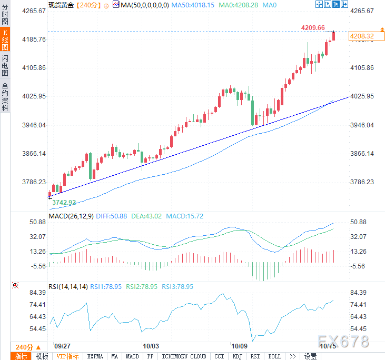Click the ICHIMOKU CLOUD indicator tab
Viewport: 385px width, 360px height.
(184, 356)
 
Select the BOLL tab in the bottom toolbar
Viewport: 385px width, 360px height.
(274, 356)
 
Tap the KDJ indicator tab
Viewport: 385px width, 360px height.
(237, 356)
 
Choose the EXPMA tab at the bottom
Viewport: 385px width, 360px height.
(96, 356)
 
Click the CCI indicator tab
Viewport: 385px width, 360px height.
(219, 356)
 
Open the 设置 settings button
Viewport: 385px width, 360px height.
(311, 356)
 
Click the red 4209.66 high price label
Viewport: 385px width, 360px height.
(313, 28)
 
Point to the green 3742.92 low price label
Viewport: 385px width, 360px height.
(64, 202)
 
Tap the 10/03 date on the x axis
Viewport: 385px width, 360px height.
(151, 346)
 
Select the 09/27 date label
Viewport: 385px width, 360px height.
(63, 346)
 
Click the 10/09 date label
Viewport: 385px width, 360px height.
(240, 346)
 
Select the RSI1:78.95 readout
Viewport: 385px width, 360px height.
(106, 287)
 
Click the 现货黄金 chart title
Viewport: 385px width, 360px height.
(61, 5)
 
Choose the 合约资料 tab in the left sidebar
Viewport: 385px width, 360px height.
(5, 96)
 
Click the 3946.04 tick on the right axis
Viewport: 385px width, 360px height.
(363, 125)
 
